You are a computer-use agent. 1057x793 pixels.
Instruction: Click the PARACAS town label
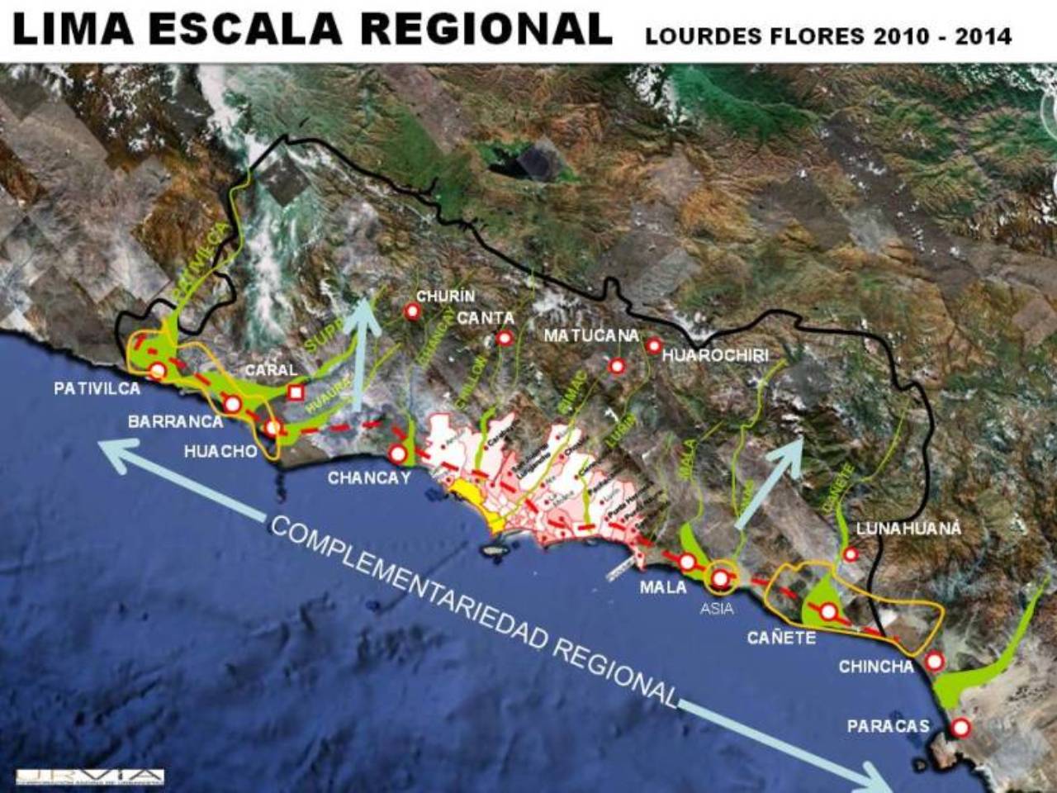click(x=888, y=726)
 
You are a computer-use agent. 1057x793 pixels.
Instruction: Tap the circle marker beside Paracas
click(x=960, y=728)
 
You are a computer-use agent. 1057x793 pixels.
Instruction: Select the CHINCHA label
click(x=876, y=666)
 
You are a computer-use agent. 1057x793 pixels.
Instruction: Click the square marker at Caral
click(x=295, y=392)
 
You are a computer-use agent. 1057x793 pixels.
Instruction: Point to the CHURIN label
click(x=446, y=296)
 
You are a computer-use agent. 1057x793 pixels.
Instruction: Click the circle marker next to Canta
click(x=505, y=338)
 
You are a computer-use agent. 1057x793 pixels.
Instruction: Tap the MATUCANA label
click(x=591, y=335)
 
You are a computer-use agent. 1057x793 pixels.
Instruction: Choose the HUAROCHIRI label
click(x=715, y=355)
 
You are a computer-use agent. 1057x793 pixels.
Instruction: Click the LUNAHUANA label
click(x=909, y=529)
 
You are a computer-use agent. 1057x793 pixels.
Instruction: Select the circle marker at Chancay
click(x=398, y=453)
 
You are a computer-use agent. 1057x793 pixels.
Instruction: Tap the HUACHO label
click(x=220, y=452)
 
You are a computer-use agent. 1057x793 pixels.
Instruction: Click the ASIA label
click(x=716, y=609)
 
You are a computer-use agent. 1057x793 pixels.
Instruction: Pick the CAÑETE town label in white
click(x=781, y=637)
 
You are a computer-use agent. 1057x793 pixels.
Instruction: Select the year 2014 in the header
click(x=983, y=36)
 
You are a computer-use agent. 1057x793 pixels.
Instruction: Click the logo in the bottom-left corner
click(x=90, y=776)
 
